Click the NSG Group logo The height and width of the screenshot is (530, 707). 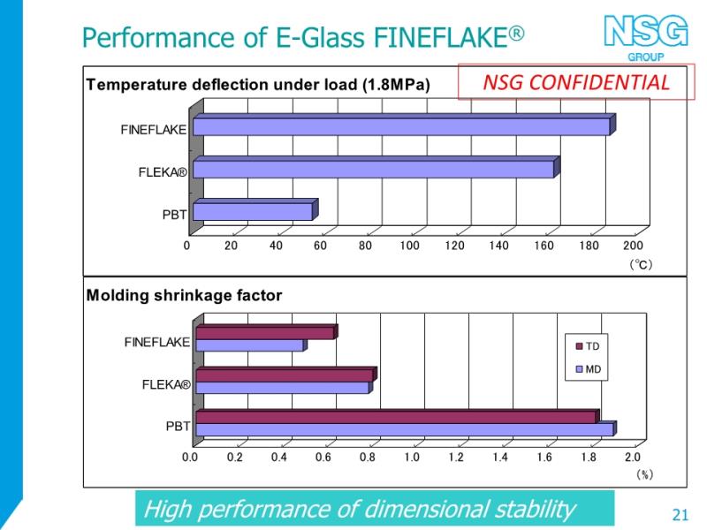[x=646, y=37]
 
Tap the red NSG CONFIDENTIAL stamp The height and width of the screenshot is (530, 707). [x=576, y=81]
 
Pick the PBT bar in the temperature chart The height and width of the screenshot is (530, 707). [x=255, y=209]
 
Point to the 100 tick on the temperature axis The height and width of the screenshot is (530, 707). [x=409, y=246]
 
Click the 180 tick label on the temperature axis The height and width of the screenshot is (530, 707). [x=589, y=246]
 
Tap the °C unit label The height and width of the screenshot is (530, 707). [x=641, y=264]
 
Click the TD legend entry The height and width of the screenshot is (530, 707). [x=588, y=346]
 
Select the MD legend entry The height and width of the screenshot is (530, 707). [x=589, y=369]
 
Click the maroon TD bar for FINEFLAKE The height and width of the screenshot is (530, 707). [x=267, y=332]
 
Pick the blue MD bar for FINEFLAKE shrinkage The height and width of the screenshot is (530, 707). [x=252, y=344]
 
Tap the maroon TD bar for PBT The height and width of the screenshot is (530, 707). [x=398, y=417]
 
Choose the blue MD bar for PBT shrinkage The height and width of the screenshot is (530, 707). [x=407, y=429]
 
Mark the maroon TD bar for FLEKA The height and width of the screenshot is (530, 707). [x=286, y=375]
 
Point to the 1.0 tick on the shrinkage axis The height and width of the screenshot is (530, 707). [x=412, y=458]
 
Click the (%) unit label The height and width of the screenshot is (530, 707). [x=644, y=474]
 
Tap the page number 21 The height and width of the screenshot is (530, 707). [x=680, y=515]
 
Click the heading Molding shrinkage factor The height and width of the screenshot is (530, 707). [x=184, y=296]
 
